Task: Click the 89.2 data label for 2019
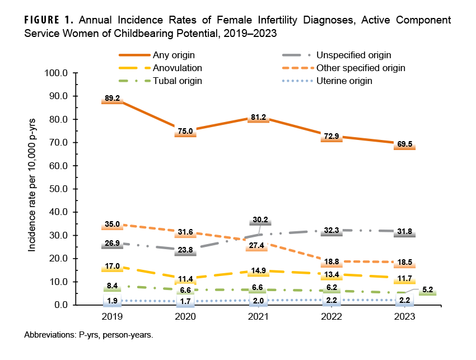[112, 99]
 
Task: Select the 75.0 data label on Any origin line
[185, 132]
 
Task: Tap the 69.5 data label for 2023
[404, 144]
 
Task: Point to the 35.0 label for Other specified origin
[112, 225]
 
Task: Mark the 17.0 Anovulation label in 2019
[112, 267]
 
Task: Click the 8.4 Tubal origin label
[112, 286]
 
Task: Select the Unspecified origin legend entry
[353, 55]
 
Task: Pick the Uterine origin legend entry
[344, 81]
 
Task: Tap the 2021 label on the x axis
[258, 316]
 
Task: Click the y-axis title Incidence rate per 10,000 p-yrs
[32, 189]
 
